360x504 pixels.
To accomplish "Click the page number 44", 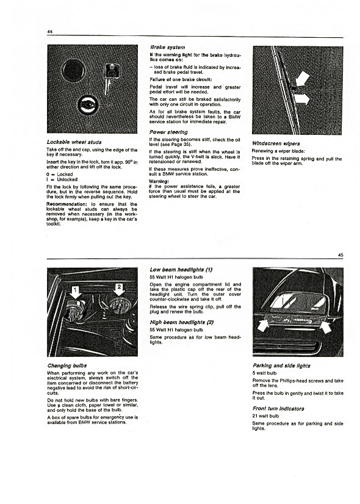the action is (50, 32).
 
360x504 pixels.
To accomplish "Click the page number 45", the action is (340, 255).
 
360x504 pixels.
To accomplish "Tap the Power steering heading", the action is (168, 132).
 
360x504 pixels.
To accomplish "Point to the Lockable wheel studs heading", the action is (74, 142).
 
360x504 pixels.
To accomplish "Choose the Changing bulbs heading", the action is (67, 365).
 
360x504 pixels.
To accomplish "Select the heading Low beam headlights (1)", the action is (181, 270).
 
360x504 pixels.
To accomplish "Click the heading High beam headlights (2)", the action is (182, 322).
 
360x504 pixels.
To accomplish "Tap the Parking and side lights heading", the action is (281, 365).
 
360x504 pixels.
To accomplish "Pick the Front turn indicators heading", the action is (278, 409).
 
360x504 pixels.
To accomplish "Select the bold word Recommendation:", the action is (67, 204).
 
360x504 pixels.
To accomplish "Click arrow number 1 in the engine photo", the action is (76, 292).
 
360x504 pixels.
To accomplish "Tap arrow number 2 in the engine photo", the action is (119, 290).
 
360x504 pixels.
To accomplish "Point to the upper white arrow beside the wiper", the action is (302, 80).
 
